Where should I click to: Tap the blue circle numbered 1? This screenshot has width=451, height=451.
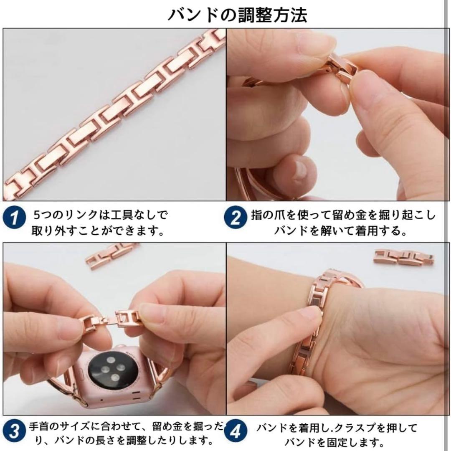click(14, 218)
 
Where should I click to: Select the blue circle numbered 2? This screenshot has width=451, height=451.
click(235, 218)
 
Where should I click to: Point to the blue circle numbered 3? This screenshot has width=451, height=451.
click(14, 431)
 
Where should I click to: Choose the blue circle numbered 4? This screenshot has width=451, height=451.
click(235, 431)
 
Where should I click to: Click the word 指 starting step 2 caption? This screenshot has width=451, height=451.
click(257, 215)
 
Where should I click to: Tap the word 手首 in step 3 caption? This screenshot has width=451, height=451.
click(40, 426)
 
